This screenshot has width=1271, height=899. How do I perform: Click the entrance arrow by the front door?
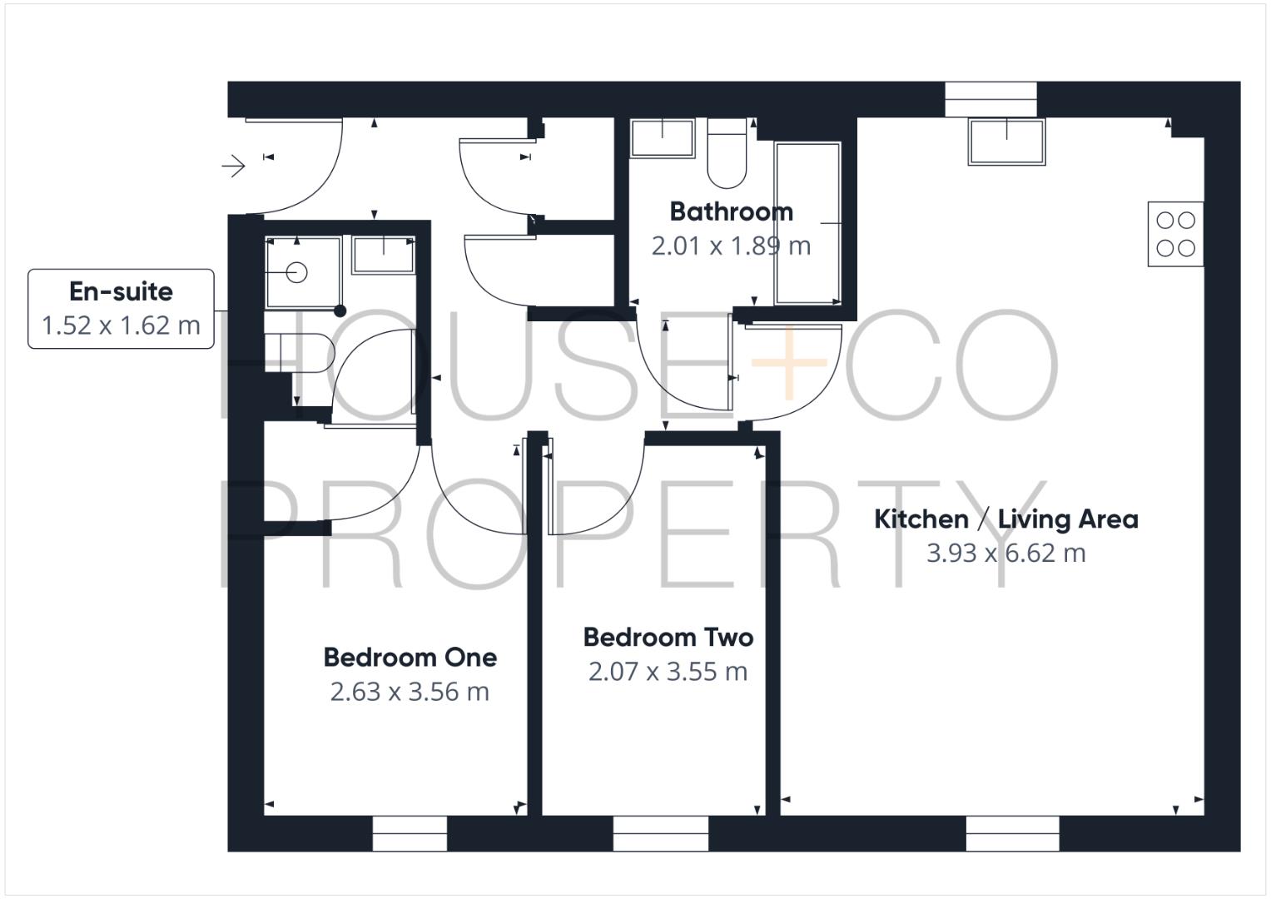tap(234, 166)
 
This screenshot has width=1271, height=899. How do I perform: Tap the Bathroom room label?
tap(731, 211)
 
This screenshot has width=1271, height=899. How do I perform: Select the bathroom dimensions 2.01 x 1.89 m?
tap(730, 246)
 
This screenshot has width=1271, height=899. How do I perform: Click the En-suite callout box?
tap(122, 308)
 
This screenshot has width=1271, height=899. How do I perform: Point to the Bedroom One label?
tap(410, 658)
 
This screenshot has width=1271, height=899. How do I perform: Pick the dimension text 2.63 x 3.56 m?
tap(410, 692)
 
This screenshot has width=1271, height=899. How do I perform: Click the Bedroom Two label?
tap(668, 638)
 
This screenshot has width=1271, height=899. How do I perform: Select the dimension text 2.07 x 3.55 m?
tap(668, 672)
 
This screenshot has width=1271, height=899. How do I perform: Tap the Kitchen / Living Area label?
tap(1005, 519)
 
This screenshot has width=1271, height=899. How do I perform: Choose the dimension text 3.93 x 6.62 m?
tap(1005, 554)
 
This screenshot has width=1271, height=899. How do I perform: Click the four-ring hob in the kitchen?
tap(1175, 234)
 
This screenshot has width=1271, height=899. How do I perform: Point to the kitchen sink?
tap(1006, 142)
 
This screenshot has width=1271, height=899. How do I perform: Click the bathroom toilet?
tap(727, 154)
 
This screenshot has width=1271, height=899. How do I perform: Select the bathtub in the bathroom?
tap(807, 223)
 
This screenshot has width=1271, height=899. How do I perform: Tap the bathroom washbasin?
tap(663, 138)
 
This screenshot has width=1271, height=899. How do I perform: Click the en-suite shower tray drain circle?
tap(296, 272)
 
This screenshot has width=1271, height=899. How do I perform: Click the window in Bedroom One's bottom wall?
tap(409, 833)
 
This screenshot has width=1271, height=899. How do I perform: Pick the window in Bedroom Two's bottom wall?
tap(660, 833)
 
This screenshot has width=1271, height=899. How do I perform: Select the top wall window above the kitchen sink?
tap(990, 99)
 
